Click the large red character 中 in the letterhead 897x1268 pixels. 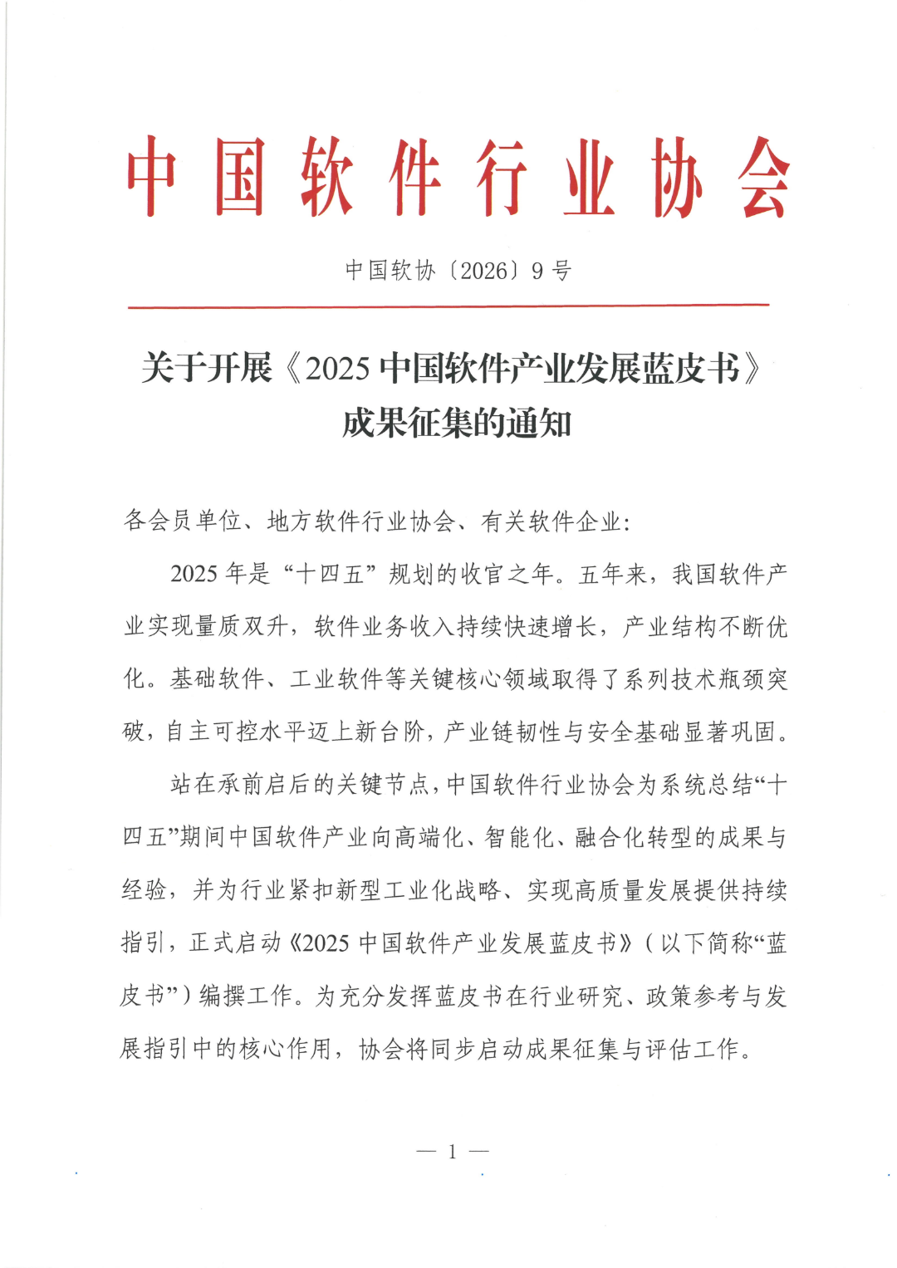[152, 177]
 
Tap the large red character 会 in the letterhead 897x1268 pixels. [763, 177]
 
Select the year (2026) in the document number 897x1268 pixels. [484, 271]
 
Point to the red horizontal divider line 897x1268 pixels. [448, 306]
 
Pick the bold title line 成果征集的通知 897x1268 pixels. [456, 423]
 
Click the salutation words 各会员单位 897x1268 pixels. [182, 521]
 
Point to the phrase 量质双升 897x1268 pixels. [229, 627]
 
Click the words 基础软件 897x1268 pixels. [217, 679]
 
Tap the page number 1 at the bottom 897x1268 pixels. [453, 1152]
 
